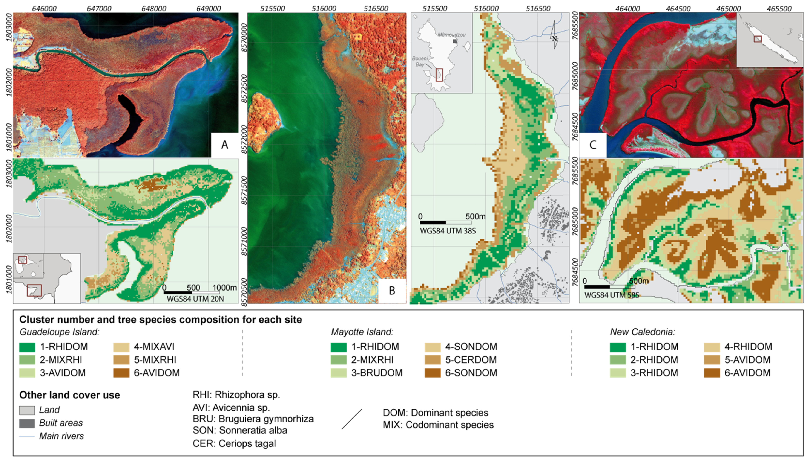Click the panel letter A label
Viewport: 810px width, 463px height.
tap(224, 145)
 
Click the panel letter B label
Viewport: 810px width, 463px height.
tap(392, 291)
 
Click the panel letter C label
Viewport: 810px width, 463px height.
tap(593, 145)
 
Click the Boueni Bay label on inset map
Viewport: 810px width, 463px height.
tap(420, 61)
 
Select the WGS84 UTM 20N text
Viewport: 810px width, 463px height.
tap(195, 299)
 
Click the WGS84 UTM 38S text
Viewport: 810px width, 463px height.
tap(448, 231)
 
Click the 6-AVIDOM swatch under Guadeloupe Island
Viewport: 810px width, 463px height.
tap(121, 373)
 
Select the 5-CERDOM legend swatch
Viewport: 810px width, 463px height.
tap(433, 360)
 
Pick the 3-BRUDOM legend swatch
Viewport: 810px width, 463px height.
tap(338, 373)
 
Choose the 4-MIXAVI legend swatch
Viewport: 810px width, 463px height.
tap(121, 347)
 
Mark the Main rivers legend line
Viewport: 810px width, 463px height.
tap(27, 437)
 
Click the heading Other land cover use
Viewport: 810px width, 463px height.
tap(69, 395)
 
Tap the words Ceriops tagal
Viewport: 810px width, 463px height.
tap(247, 443)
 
